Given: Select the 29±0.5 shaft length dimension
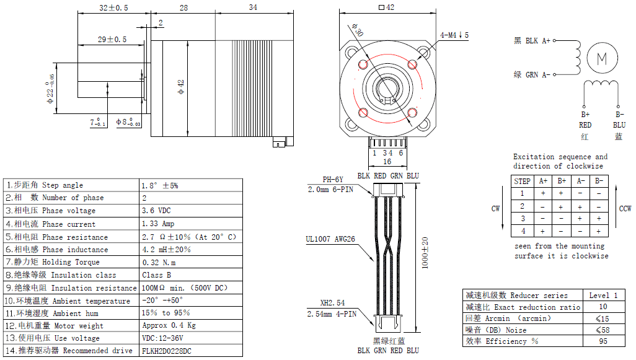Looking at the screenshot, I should coord(112,39).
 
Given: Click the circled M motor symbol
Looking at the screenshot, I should coord(601,58).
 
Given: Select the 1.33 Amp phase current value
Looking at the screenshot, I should coord(158,224).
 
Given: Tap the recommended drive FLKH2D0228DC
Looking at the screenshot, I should coord(167,351).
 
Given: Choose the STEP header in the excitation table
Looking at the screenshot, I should coord(523,181).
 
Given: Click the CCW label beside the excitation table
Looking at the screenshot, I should coord(625,209).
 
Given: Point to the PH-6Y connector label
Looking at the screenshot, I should coord(332,180).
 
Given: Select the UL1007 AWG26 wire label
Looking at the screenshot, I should coord(330,239).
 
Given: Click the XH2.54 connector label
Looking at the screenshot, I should coord(332,304).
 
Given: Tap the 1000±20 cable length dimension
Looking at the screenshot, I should coord(425,252).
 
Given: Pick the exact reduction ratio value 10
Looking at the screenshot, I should coord(603,307).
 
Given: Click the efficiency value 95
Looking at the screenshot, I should coord(603,341).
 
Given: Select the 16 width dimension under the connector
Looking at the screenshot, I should coord(387,162).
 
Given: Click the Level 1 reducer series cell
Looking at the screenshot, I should coord(603,295).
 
